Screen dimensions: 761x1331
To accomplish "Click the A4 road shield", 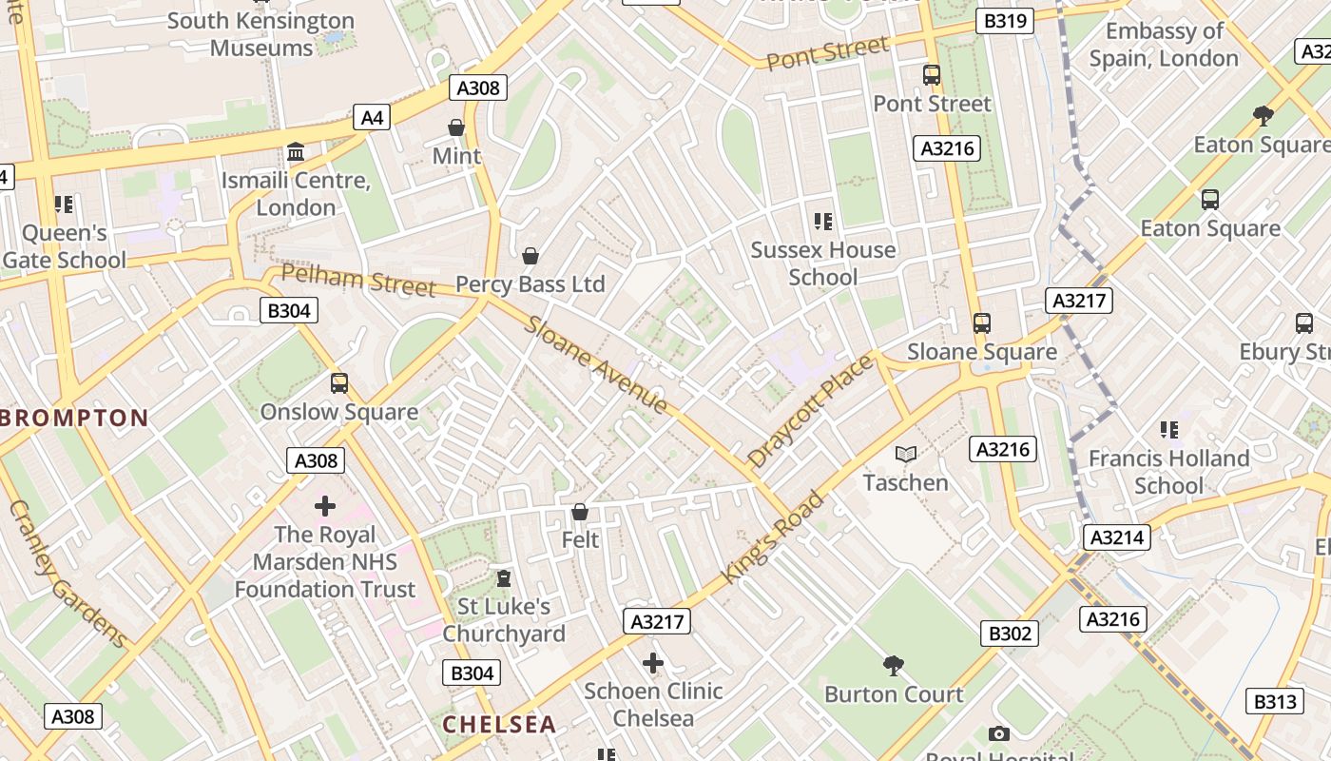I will [x=372, y=117].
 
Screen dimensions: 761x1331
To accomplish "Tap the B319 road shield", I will [x=1005, y=21].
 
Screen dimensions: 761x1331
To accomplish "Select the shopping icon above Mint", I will [x=456, y=127].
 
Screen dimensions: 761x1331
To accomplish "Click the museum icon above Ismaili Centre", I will [x=295, y=152].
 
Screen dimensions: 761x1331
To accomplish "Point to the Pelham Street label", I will [x=359, y=281].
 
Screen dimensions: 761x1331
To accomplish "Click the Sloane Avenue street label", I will [x=598, y=364].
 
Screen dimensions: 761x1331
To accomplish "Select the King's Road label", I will [x=771, y=537].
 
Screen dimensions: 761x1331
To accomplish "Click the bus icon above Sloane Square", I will [x=981, y=323].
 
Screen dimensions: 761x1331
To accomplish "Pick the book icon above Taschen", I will [x=906, y=455].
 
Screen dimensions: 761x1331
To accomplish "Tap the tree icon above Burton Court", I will [x=893, y=665].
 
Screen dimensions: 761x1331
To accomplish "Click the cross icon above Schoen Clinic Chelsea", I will [x=653, y=663].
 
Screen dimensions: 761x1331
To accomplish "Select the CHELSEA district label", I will [x=499, y=724].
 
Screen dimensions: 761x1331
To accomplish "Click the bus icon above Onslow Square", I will [x=339, y=383].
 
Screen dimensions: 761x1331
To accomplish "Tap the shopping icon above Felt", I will [x=580, y=513].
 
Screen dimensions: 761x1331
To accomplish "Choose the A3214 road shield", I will [x=1117, y=537].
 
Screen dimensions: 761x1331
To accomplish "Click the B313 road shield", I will [x=1274, y=702].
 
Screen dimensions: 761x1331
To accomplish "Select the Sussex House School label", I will [x=823, y=263].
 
